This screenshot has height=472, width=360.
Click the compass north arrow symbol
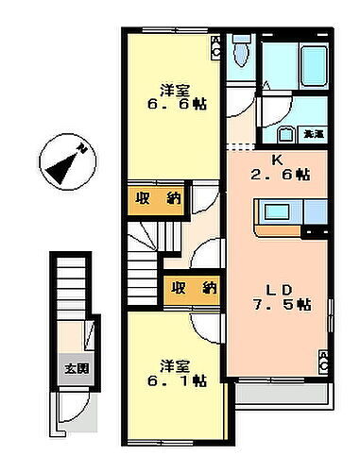coord(64,162)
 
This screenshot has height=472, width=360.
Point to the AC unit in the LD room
coord(323,361)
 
